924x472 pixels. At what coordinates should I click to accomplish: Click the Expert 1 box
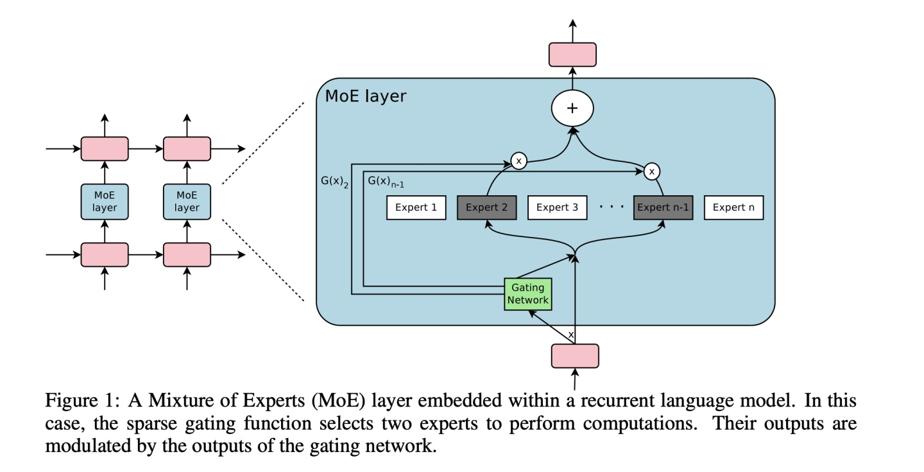[x=416, y=207]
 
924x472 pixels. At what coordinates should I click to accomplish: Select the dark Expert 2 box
[x=486, y=207]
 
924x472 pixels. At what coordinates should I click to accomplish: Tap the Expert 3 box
[x=557, y=207]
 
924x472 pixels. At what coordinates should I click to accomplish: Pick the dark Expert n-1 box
[x=663, y=207]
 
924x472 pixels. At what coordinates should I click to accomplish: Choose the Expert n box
[x=733, y=207]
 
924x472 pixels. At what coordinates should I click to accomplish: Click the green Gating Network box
[x=529, y=294]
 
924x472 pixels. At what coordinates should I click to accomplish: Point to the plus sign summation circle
[x=572, y=109]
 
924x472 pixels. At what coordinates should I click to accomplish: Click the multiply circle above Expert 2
[x=518, y=161]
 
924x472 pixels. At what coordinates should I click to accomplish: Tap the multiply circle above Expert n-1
[x=652, y=171]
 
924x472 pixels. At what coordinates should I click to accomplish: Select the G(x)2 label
[x=334, y=182]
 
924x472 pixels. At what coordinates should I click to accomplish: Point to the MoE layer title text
[x=365, y=96]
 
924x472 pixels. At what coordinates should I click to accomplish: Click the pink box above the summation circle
[x=572, y=55]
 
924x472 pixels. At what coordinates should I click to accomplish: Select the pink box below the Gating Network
[x=575, y=356]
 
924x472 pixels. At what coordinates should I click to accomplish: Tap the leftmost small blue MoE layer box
[x=105, y=200]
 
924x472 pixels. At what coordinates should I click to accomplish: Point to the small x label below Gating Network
[x=570, y=335]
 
